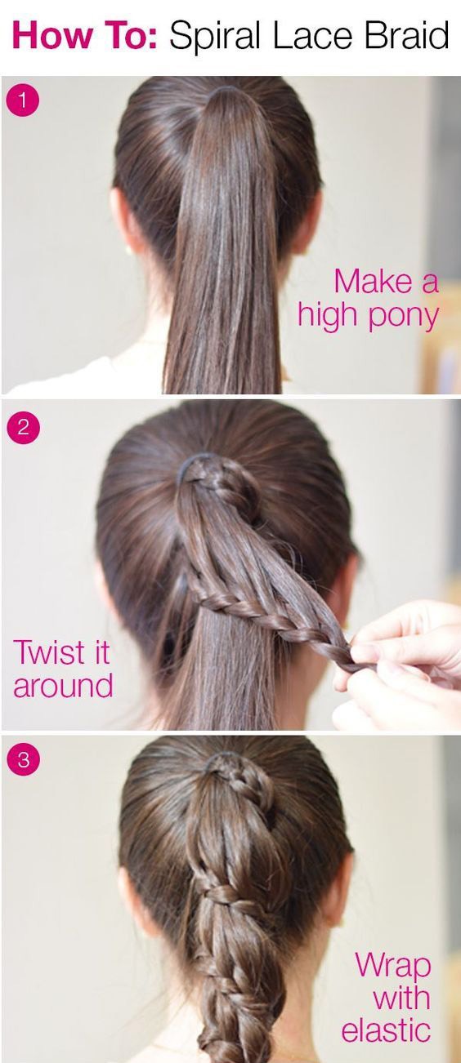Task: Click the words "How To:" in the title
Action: (x=84, y=37)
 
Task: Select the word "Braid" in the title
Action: (x=406, y=37)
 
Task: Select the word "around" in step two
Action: (x=63, y=686)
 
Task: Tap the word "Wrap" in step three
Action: (x=393, y=966)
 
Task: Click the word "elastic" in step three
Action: (x=386, y=1030)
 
